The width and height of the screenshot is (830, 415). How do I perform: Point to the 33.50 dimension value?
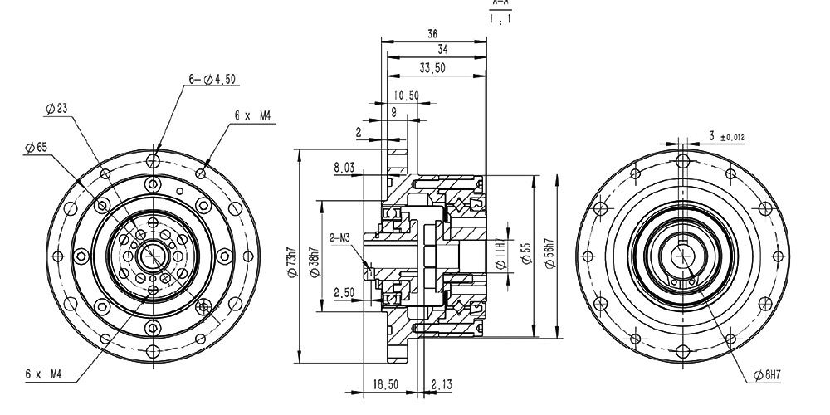(x=432, y=67)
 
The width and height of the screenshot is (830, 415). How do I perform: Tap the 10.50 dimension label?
(x=406, y=95)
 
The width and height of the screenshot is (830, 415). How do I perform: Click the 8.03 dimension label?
(x=344, y=168)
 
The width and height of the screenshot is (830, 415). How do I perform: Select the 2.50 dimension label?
(x=344, y=292)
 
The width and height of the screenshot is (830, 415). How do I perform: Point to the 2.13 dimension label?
(x=442, y=384)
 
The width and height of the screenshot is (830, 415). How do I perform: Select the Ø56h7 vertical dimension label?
(x=547, y=256)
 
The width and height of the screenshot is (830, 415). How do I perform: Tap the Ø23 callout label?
(x=56, y=108)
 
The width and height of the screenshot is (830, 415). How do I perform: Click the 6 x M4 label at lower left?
(x=43, y=374)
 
